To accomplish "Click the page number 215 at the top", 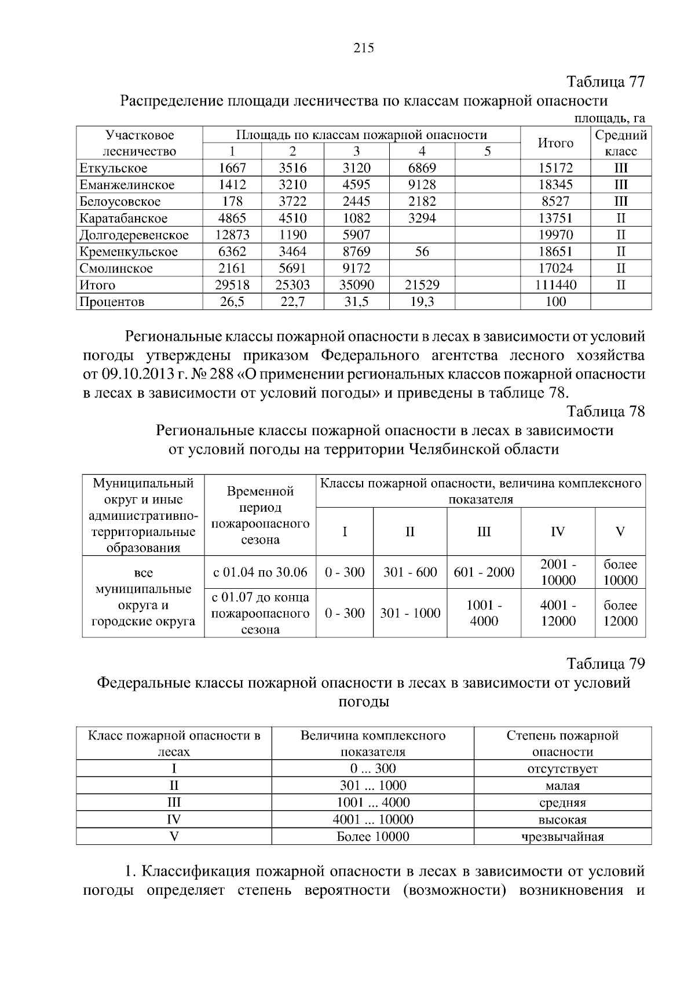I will [364, 48].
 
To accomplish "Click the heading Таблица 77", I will [605, 82].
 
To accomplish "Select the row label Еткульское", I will [114, 169].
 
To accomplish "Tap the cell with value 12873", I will [232, 235].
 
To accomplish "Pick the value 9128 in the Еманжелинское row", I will [422, 185].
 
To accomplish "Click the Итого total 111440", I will [555, 285].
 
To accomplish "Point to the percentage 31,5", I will [356, 302].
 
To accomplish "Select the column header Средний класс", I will [621, 143].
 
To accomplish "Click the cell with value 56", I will [422, 252].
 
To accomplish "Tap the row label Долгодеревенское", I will [134, 235].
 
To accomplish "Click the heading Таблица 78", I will [605, 411].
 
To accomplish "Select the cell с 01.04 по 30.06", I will [260, 573].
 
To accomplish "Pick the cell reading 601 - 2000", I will [484, 573].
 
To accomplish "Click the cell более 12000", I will [620, 613].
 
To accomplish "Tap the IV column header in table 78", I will [558, 532].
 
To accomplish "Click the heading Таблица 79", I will [605, 664].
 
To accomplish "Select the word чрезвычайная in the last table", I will [562, 837].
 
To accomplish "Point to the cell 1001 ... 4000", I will [373, 803].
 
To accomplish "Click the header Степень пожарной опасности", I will [562, 744].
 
